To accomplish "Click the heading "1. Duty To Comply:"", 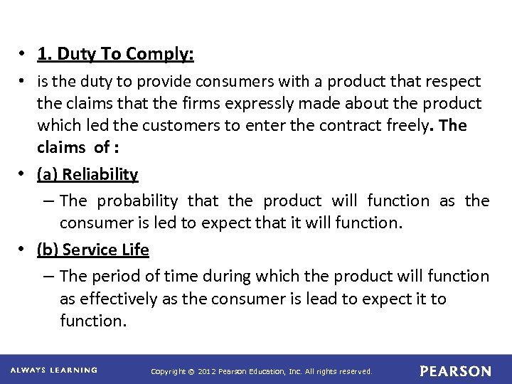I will (x=115, y=54).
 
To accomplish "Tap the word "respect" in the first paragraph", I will (x=453, y=82).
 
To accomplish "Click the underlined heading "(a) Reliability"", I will (x=87, y=174).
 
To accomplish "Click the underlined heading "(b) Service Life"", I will (x=92, y=250).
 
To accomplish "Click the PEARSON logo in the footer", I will (x=455, y=371).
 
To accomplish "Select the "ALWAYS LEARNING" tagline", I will (x=54, y=370).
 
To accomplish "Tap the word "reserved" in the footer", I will (x=353, y=371).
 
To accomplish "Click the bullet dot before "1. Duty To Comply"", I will (x=23, y=55).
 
